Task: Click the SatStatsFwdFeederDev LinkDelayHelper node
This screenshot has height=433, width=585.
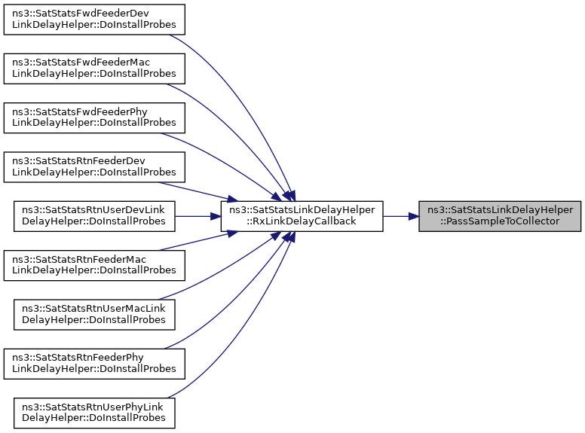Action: (x=94, y=20)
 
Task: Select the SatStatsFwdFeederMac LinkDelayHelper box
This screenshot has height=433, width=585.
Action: (x=94, y=69)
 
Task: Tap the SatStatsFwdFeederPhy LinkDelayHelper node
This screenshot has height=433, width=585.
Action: (x=94, y=117)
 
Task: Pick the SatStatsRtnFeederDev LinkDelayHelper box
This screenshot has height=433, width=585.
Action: (x=94, y=167)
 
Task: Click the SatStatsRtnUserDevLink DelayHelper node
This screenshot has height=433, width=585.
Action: (x=94, y=216)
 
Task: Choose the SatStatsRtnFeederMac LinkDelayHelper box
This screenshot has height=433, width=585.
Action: (x=94, y=265)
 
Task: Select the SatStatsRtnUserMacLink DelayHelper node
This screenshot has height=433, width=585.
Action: (x=94, y=315)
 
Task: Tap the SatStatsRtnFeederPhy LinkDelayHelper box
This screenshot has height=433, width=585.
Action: (x=94, y=364)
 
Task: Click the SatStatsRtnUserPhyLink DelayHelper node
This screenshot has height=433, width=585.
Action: (x=94, y=413)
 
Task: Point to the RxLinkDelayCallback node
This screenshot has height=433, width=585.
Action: (x=302, y=216)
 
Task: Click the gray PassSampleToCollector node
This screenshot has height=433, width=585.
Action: (x=500, y=216)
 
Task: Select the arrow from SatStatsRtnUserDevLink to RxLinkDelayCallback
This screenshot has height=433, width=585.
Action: (x=198, y=216)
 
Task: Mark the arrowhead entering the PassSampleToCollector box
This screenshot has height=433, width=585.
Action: (x=413, y=216)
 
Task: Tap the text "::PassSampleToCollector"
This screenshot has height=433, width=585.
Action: (x=500, y=221)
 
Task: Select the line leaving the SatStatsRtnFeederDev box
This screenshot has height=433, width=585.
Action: (x=198, y=191)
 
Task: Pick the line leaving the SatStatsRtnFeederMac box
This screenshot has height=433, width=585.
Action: (x=198, y=241)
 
